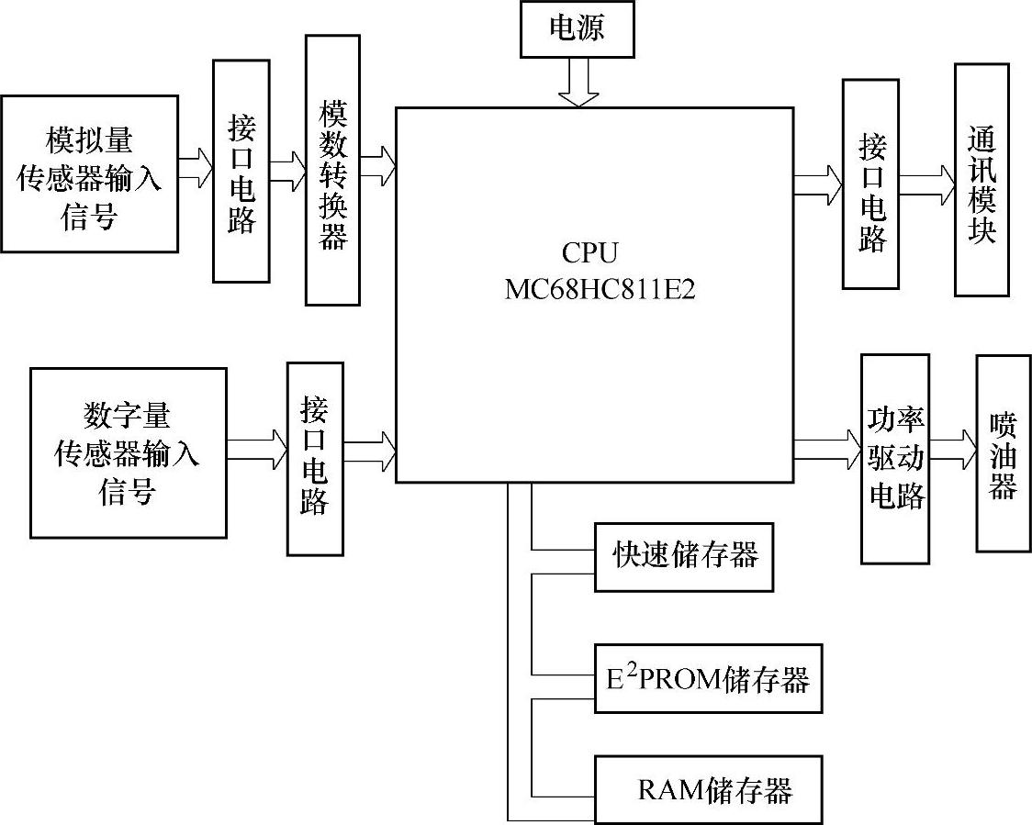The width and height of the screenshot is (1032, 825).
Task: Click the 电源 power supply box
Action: [577, 28]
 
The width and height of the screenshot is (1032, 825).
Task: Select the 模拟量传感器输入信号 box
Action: [89, 173]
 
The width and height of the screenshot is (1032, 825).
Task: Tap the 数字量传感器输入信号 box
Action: [128, 452]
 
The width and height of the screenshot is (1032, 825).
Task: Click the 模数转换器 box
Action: [332, 170]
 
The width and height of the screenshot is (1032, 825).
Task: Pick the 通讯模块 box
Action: [982, 180]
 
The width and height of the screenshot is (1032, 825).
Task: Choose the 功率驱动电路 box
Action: [895, 458]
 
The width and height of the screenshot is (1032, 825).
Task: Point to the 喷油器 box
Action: [1003, 453]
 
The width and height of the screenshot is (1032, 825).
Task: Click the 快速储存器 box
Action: [684, 556]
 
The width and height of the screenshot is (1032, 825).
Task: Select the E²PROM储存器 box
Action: [708, 679]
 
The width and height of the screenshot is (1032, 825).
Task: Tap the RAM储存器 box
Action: [707, 789]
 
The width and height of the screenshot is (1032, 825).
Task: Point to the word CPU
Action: [589, 253]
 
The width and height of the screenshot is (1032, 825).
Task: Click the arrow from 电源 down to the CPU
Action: [578, 82]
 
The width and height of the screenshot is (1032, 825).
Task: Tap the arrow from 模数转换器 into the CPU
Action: [377, 168]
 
